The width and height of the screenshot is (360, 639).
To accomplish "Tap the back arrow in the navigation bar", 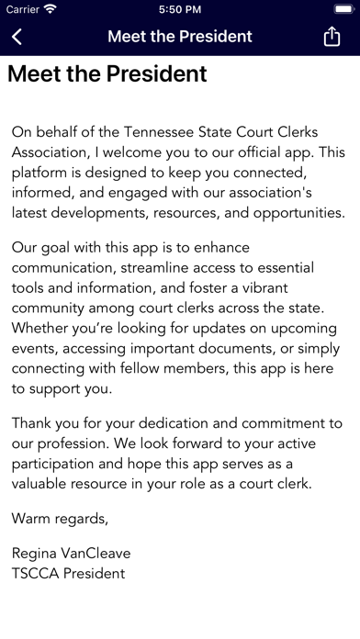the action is coord(17,37).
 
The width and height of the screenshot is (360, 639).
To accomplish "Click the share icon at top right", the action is coord(332,37).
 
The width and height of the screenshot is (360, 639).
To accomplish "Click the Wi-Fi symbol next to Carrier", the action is coord(50,9).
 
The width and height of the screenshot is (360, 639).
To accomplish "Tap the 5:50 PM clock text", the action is coord(180,9).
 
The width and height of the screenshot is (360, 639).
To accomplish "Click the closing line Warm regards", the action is coord(60,520).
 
